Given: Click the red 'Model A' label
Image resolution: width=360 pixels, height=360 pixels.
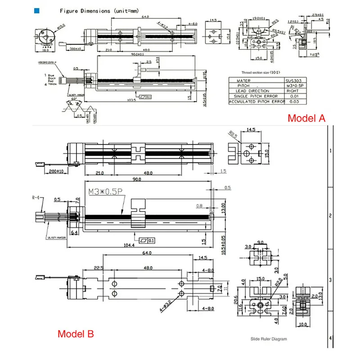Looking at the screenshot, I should (306, 118).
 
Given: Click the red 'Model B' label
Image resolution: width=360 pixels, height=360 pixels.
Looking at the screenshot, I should (76, 334).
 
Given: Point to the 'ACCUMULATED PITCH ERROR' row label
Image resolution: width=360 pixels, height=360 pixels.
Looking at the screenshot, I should (257, 102).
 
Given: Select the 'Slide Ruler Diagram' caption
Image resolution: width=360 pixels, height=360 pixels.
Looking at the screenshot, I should (269, 339).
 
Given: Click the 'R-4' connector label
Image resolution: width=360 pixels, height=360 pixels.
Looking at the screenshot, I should (36, 197).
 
